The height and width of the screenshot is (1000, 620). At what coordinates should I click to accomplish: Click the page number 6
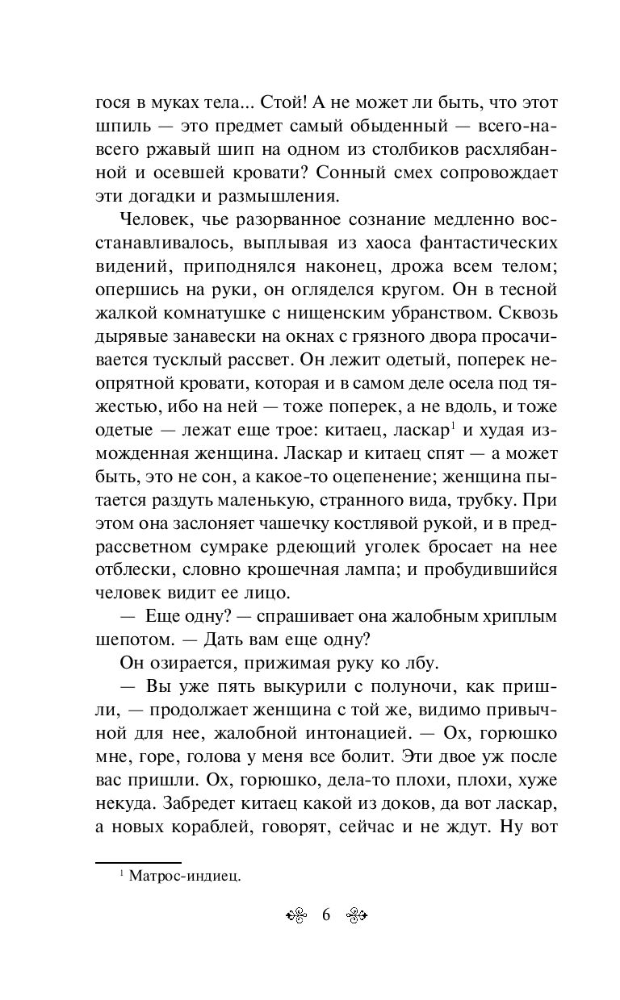point(326,915)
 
